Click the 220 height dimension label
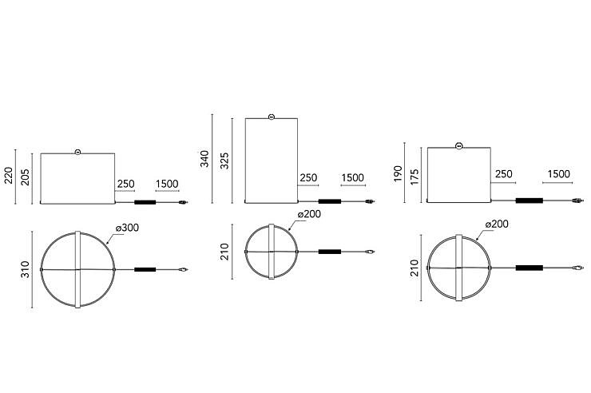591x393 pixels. coord(9,176)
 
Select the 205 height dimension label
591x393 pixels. coord(26,177)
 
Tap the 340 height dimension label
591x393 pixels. coord(204,159)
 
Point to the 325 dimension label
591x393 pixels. coord(224,161)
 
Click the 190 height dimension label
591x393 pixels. coord(398,173)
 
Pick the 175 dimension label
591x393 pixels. coord(414,177)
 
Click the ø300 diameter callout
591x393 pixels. coord(128,228)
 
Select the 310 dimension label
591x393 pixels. coord(26,269)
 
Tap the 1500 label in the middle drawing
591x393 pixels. coord(353,177)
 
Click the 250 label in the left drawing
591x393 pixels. coord(126,184)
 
